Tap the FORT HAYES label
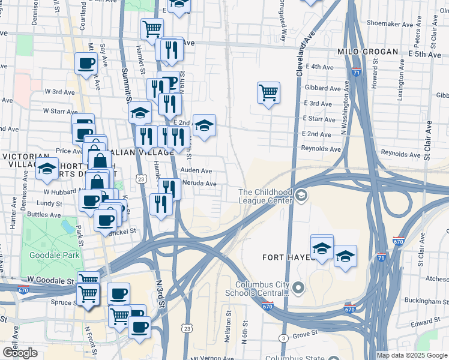click(286, 257)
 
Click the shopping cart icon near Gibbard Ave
click(268, 93)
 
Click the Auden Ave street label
click(197, 170)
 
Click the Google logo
click(20, 353)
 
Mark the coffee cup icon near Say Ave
click(86, 63)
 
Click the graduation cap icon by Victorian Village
click(47, 168)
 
